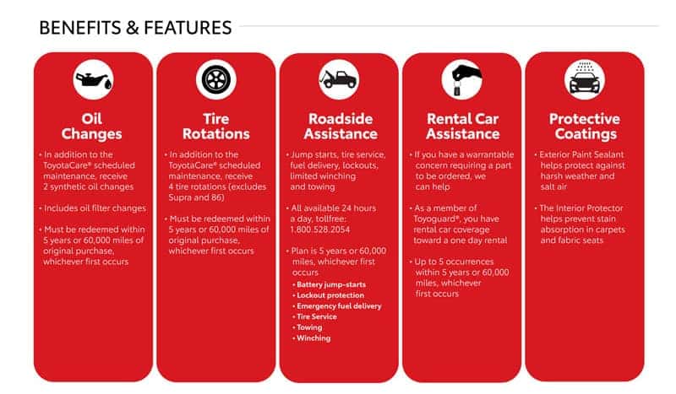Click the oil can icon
pos(94,80)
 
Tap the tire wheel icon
pos(216,79)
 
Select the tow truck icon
pos(339,79)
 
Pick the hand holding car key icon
pos(462,79)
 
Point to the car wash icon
pos(585,78)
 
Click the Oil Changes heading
pos(91,127)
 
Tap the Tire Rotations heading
pos(216,127)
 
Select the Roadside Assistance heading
pos(341,127)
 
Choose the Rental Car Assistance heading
pos(463,127)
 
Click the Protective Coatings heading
pos(585,127)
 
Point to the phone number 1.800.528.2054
pos(320,229)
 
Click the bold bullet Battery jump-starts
pos(331,284)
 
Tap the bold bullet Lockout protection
pos(330,295)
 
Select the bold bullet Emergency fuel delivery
pos(339,306)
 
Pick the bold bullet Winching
pos(313,338)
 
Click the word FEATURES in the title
pos(188,28)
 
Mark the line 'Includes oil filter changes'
pos(95,208)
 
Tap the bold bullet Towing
pos(309,327)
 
